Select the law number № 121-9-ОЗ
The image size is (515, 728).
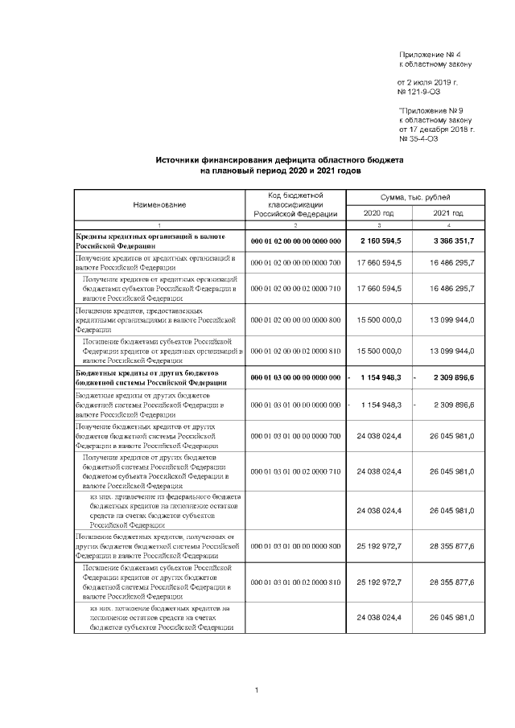coord(422,93)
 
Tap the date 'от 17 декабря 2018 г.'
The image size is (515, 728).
coord(436,129)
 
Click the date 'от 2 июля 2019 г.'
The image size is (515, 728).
coord(427,82)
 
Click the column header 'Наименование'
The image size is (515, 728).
coord(159,205)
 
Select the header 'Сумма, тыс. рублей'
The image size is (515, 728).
coord(415,197)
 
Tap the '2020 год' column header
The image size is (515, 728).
coord(379,213)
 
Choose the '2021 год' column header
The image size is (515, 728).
coord(448,213)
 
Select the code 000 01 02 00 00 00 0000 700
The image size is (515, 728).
coord(295,263)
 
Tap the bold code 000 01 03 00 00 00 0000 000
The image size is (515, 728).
coord(295,377)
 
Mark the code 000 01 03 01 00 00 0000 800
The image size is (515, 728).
coord(295,546)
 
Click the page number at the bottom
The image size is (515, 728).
coord(256,690)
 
